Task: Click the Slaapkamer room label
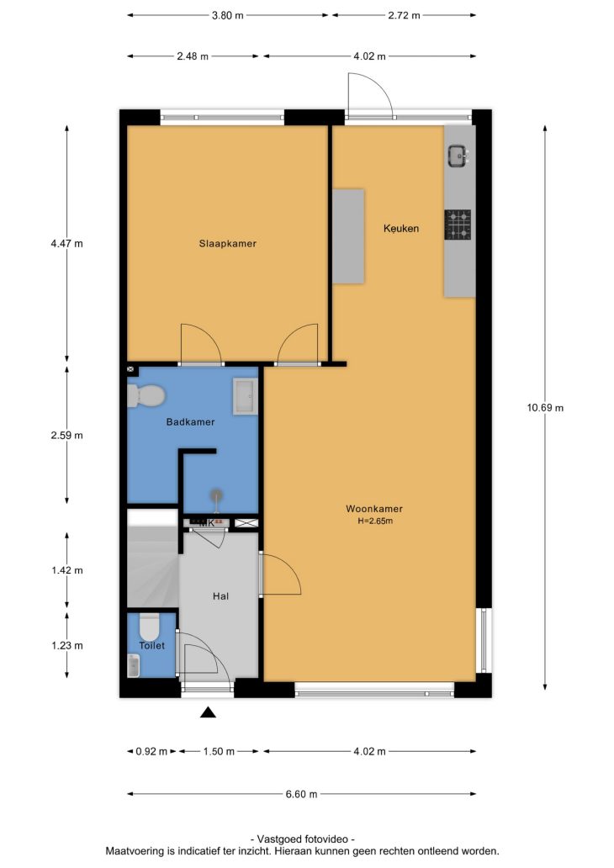(228, 244)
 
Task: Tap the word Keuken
(401, 228)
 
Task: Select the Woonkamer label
(374, 509)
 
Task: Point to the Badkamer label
(190, 422)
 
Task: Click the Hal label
(220, 596)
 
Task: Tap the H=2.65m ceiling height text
(375, 521)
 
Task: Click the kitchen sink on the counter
(459, 156)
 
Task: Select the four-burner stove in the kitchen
(458, 225)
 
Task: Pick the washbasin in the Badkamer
(246, 396)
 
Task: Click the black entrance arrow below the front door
(208, 712)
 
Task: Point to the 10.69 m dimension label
(545, 408)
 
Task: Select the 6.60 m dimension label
(301, 794)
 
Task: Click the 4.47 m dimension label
(67, 244)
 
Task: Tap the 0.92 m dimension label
(151, 752)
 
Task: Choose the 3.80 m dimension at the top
(228, 15)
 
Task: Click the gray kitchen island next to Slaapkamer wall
(348, 236)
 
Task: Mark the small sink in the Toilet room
(134, 665)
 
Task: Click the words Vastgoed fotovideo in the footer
(302, 839)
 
